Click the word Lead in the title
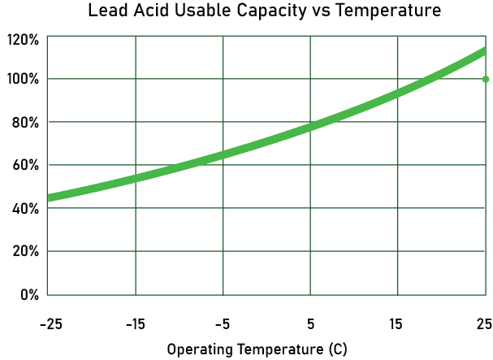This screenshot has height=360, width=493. [x=109, y=11]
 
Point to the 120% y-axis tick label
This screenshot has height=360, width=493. [x=23, y=39]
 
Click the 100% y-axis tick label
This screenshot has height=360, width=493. [x=23, y=79]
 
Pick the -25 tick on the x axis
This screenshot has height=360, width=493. [x=50, y=325]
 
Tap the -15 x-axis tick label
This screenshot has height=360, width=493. [x=136, y=325]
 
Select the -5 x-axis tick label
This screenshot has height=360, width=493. [x=223, y=325]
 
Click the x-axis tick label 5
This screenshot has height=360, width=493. [x=310, y=325]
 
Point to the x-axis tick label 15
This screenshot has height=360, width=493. [x=397, y=325]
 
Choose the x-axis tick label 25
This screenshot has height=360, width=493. [x=483, y=325]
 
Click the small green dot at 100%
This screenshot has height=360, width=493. [x=486, y=79]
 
